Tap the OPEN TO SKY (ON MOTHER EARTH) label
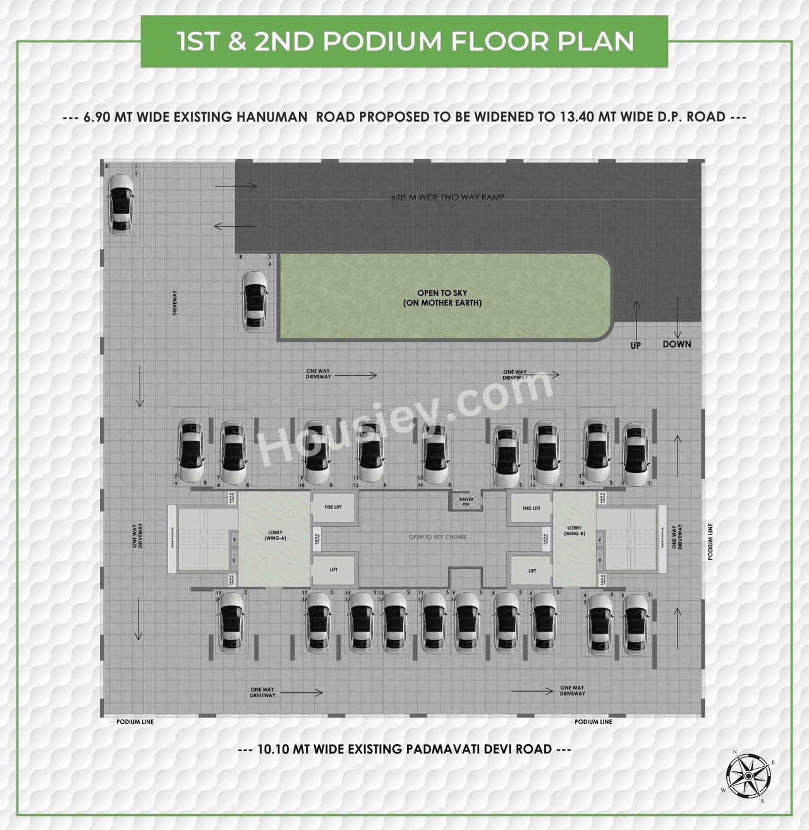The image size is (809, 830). click(442, 298)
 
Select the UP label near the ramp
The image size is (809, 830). click(635, 346)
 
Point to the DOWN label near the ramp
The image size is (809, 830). click(677, 344)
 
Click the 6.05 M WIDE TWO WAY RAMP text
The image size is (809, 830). click(447, 197)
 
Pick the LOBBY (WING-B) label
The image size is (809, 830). click(574, 531)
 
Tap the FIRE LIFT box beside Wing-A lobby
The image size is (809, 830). click(333, 507)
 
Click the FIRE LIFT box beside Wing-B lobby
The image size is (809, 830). click(532, 508)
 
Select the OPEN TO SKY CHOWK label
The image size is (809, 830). click(437, 537)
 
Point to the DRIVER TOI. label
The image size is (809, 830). click(466, 502)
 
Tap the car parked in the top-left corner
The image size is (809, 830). click(120, 204)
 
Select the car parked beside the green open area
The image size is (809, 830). click(255, 301)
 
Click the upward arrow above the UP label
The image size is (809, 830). click(636, 320)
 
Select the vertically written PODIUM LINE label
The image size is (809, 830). click(710, 541)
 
